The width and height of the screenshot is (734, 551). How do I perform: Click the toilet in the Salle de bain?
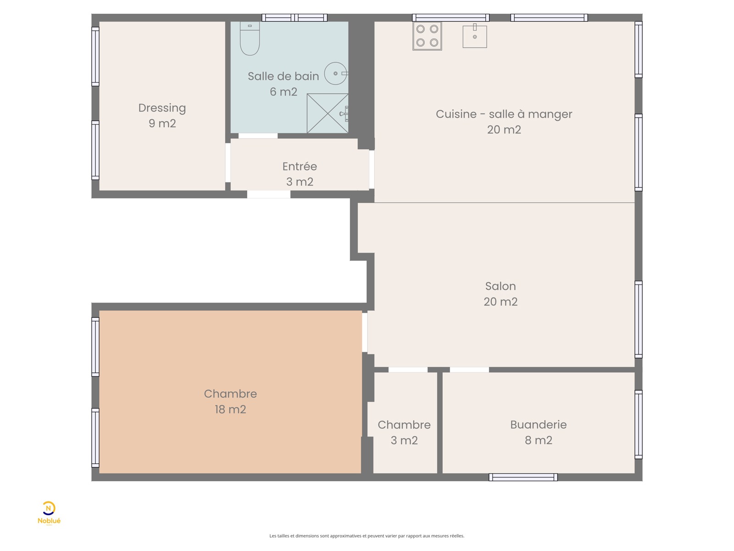point(250,38)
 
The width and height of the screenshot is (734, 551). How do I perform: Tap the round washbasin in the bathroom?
point(336,73)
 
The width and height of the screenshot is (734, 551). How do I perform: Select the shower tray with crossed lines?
point(328,113)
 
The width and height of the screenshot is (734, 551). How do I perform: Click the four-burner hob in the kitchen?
point(427,36)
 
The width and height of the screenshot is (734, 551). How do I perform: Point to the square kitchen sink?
point(474,36)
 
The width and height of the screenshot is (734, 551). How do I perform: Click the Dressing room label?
point(162,108)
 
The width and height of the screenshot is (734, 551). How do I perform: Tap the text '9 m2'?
point(162,123)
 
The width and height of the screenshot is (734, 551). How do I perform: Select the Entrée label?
point(299,166)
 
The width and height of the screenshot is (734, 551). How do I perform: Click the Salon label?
point(500,286)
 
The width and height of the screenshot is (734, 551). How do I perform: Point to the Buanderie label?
point(539,425)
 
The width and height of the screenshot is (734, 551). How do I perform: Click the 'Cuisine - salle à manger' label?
point(504,114)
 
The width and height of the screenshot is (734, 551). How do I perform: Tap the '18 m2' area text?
point(230,409)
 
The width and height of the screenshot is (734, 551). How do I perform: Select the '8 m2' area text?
point(539,440)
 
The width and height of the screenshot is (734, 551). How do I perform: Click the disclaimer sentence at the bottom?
point(367,535)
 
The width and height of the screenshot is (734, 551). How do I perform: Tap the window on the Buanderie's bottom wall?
point(523,478)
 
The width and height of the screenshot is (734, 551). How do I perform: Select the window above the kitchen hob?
point(450,17)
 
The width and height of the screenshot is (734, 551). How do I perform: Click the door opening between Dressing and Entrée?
point(228,163)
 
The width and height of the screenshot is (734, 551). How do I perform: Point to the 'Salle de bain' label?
point(283,76)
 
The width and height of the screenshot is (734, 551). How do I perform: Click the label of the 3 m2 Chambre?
point(404,425)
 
